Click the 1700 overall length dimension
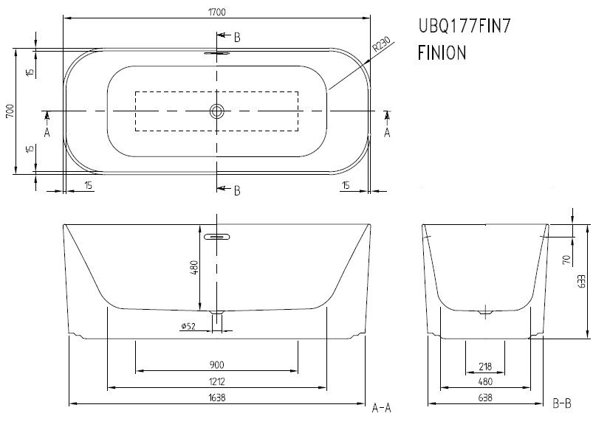coord(217,12)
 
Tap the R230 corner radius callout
coord(381,45)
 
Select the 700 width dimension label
coord(10,111)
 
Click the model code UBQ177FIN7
coord(464,26)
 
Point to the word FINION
coord(442,53)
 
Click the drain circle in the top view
coord(217,111)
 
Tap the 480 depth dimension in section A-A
coord(194,267)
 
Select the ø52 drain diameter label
coord(188,326)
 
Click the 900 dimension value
coord(216,365)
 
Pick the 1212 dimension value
coord(216,381)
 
